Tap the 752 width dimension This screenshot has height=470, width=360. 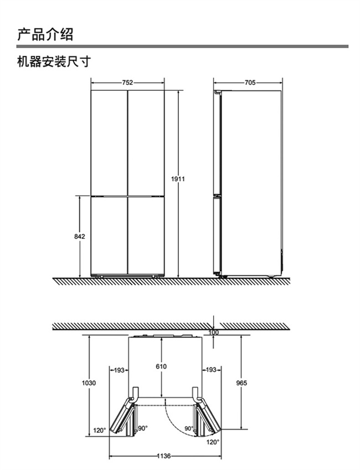pos(127,83)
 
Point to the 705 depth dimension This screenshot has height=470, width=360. pos(250,83)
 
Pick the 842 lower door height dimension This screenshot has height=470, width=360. pos(79,237)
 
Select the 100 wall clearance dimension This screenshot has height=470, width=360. pos(214,333)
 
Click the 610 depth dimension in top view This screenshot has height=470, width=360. pos(161,366)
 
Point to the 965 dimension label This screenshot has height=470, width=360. pos(241,383)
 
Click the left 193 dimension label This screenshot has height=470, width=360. pos(119,370)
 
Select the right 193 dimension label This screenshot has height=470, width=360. pos(211,370)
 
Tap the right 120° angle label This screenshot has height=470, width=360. pos(213,442)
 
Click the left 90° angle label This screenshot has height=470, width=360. pos(142,428)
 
